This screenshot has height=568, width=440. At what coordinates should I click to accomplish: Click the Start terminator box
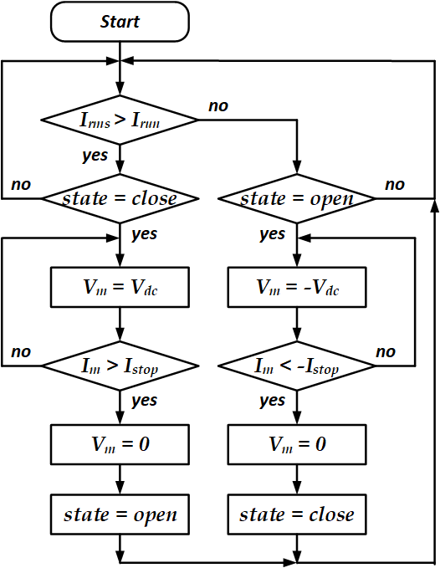[x=120, y=22]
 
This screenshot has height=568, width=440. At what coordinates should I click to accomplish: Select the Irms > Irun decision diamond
[x=120, y=120]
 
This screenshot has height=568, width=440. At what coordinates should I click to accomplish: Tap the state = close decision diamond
[x=120, y=198]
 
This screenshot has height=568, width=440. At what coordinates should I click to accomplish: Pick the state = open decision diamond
[x=297, y=198]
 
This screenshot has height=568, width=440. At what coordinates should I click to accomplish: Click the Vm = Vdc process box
[x=120, y=287]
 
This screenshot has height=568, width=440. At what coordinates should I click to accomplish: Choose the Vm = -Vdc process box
[x=297, y=287]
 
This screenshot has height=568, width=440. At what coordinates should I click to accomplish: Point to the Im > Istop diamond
[x=120, y=366]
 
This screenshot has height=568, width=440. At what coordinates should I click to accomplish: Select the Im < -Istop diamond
[x=297, y=366]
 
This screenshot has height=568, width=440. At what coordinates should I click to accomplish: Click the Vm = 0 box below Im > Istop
[x=120, y=444]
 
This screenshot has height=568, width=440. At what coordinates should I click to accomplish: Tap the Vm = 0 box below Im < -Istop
[x=297, y=444]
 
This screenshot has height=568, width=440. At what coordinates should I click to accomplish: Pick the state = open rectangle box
[x=120, y=514]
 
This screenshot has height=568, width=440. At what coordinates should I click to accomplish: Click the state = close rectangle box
[x=297, y=514]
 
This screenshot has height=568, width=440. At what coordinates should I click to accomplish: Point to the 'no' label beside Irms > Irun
[x=218, y=106]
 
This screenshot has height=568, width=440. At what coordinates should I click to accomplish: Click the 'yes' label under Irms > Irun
[x=95, y=156]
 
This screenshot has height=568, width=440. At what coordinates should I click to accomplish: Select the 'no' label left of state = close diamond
[x=21, y=185]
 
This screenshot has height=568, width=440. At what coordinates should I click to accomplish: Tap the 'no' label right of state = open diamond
[x=395, y=185]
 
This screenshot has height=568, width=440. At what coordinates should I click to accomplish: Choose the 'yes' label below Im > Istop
[x=145, y=401]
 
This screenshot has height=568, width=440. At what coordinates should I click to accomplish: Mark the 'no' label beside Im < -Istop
[x=386, y=351]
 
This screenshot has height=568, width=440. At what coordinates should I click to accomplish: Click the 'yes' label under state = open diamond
[x=273, y=234]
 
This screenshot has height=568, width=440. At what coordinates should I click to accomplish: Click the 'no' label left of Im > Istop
[x=21, y=351]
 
